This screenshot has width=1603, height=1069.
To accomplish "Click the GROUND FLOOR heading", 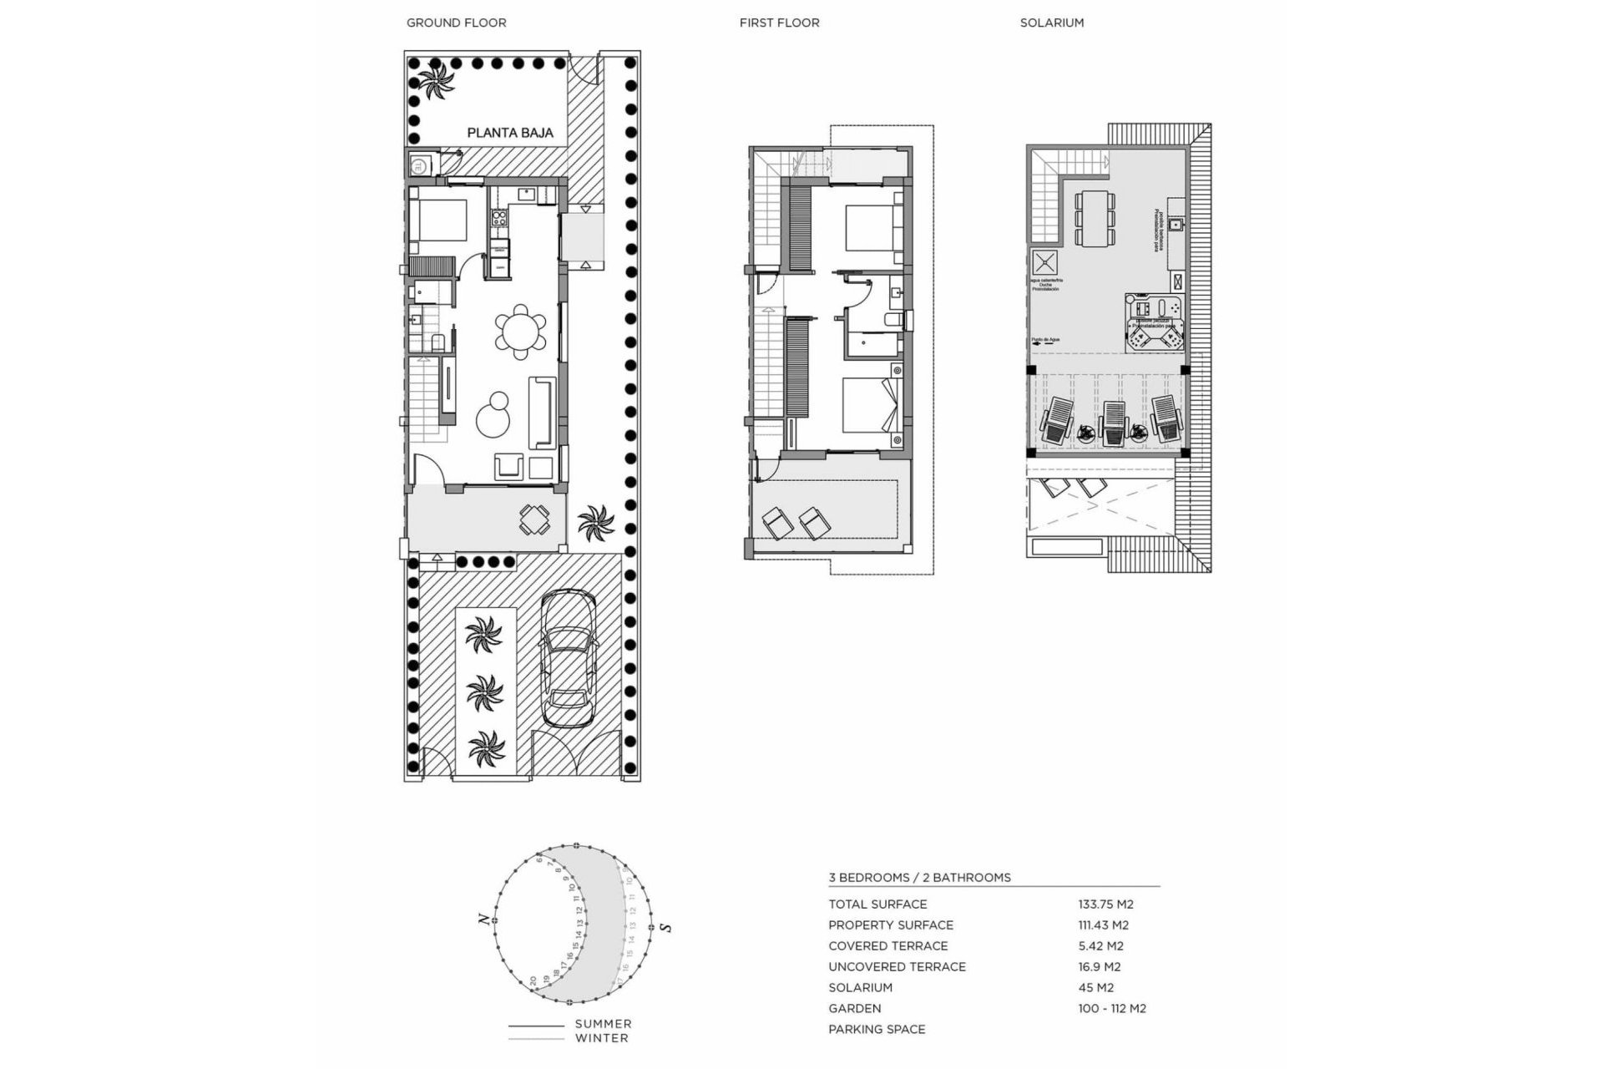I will pyautogui.click(x=456, y=23).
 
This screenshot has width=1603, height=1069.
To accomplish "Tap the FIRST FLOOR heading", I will pyautogui.click(x=779, y=23).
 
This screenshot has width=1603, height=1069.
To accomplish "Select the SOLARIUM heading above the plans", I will pyautogui.click(x=1051, y=23).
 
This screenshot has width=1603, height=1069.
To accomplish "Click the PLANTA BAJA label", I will pyautogui.click(x=509, y=133).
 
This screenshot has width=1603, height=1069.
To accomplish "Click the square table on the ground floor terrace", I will pyautogui.click(x=534, y=519).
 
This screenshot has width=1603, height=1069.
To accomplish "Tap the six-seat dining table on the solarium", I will pyautogui.click(x=1095, y=218).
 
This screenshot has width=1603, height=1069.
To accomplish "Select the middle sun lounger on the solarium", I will pyautogui.click(x=1114, y=423).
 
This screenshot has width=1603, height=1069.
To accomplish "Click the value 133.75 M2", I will pyautogui.click(x=1105, y=904).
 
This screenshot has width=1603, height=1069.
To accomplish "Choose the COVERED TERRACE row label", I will pyautogui.click(x=887, y=945).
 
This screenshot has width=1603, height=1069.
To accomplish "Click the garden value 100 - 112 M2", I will pyautogui.click(x=1111, y=1008).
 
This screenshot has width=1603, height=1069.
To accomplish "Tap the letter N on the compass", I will pyautogui.click(x=483, y=919).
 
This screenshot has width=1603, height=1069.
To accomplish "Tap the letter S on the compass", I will pyautogui.click(x=665, y=926).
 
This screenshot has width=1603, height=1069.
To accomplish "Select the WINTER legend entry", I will pyautogui.click(x=601, y=1038).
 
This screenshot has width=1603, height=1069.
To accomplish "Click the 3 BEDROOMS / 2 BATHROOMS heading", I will pyautogui.click(x=919, y=877).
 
